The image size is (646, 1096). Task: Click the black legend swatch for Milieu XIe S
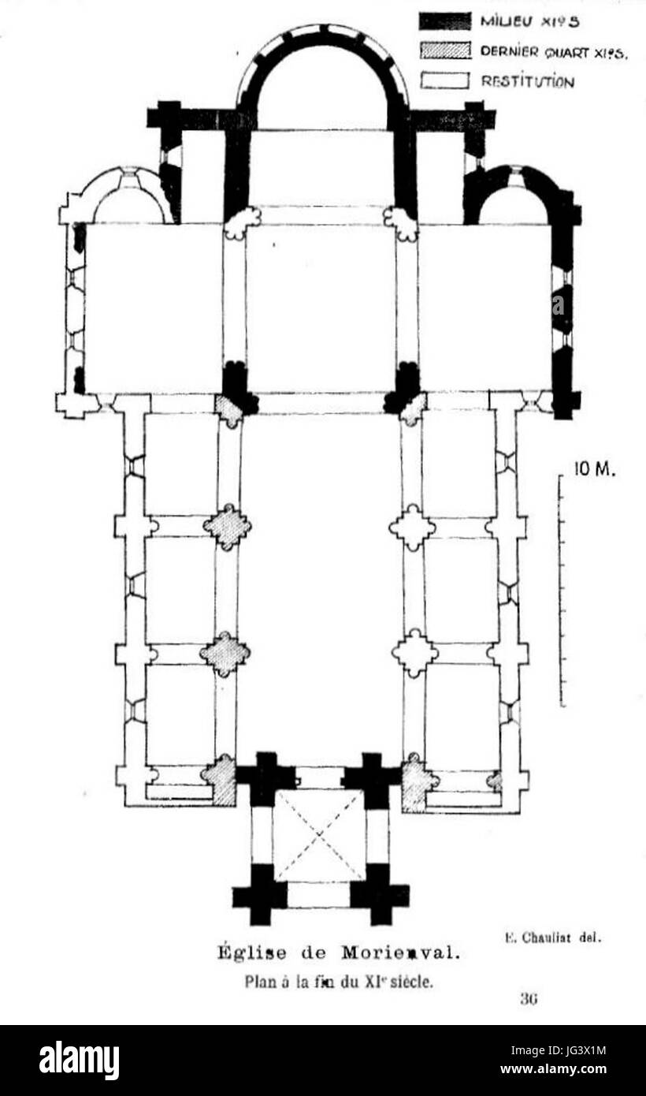coord(444,21)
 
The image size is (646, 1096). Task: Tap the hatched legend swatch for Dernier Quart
coord(444,51)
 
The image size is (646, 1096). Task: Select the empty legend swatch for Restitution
coord(444,80)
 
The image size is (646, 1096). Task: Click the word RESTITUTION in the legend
coord(528,81)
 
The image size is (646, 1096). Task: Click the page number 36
coord(528,998)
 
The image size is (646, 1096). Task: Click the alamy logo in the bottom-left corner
coord(79,1061)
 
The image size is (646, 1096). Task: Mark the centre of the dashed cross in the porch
coord(319,836)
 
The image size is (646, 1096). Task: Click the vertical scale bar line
coord(561,591)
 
